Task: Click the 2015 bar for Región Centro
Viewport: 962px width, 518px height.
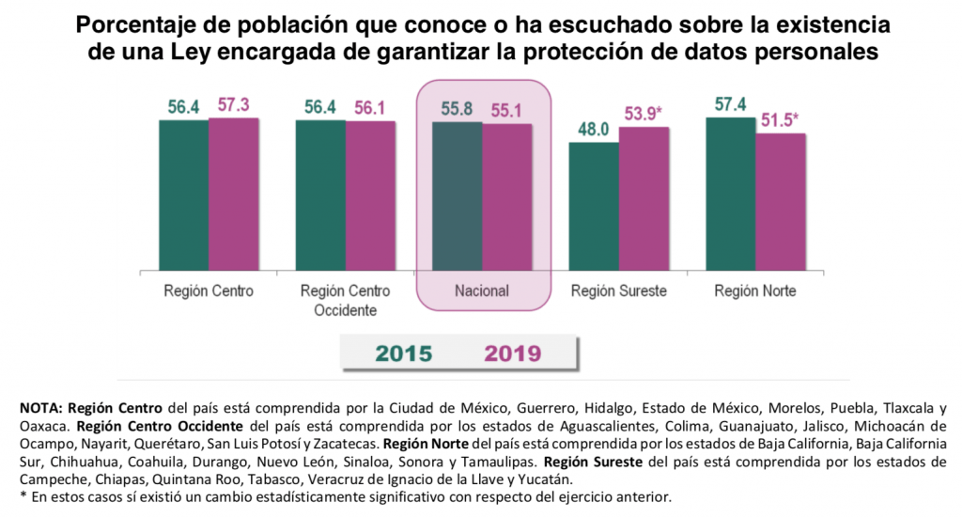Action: [x=183, y=196]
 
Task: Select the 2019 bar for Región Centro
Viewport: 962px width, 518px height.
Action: [x=233, y=195]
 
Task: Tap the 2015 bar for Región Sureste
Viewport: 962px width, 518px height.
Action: [x=594, y=207]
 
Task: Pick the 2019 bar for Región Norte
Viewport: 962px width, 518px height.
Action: [x=781, y=202]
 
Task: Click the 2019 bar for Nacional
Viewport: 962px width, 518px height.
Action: [x=507, y=197]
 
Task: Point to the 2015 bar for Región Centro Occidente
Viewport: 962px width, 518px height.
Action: [x=320, y=196]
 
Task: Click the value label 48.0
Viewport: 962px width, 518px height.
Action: [x=594, y=131]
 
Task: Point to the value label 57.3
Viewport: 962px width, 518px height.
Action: [x=233, y=105]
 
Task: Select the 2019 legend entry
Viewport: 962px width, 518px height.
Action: [x=513, y=353]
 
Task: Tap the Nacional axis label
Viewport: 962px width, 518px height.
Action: [x=481, y=290]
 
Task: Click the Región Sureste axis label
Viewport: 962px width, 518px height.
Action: [x=618, y=290]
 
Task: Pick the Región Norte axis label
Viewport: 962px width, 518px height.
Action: [x=754, y=290]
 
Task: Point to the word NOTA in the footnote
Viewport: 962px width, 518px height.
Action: [x=40, y=408]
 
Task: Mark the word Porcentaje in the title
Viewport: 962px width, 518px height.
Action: [x=133, y=24]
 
